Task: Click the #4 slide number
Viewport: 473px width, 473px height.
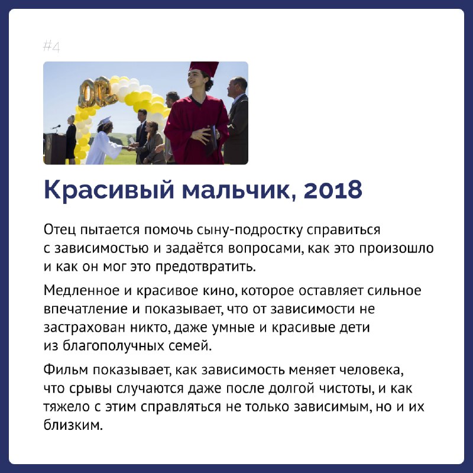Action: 51,47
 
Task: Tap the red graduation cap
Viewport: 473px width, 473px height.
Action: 204,69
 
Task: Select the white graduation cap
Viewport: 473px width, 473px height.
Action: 104,121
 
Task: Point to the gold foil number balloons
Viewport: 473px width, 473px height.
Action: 97,92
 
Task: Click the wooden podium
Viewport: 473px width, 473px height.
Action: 55,149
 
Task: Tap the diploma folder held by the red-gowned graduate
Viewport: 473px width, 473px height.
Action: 213,141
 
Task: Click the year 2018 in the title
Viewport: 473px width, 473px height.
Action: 333,190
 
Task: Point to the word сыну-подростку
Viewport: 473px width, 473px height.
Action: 249,230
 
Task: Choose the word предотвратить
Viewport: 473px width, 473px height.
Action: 206,267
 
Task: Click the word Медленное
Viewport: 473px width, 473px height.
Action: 82,290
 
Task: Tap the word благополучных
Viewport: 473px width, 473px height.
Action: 113,346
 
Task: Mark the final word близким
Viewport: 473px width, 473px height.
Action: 73,425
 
